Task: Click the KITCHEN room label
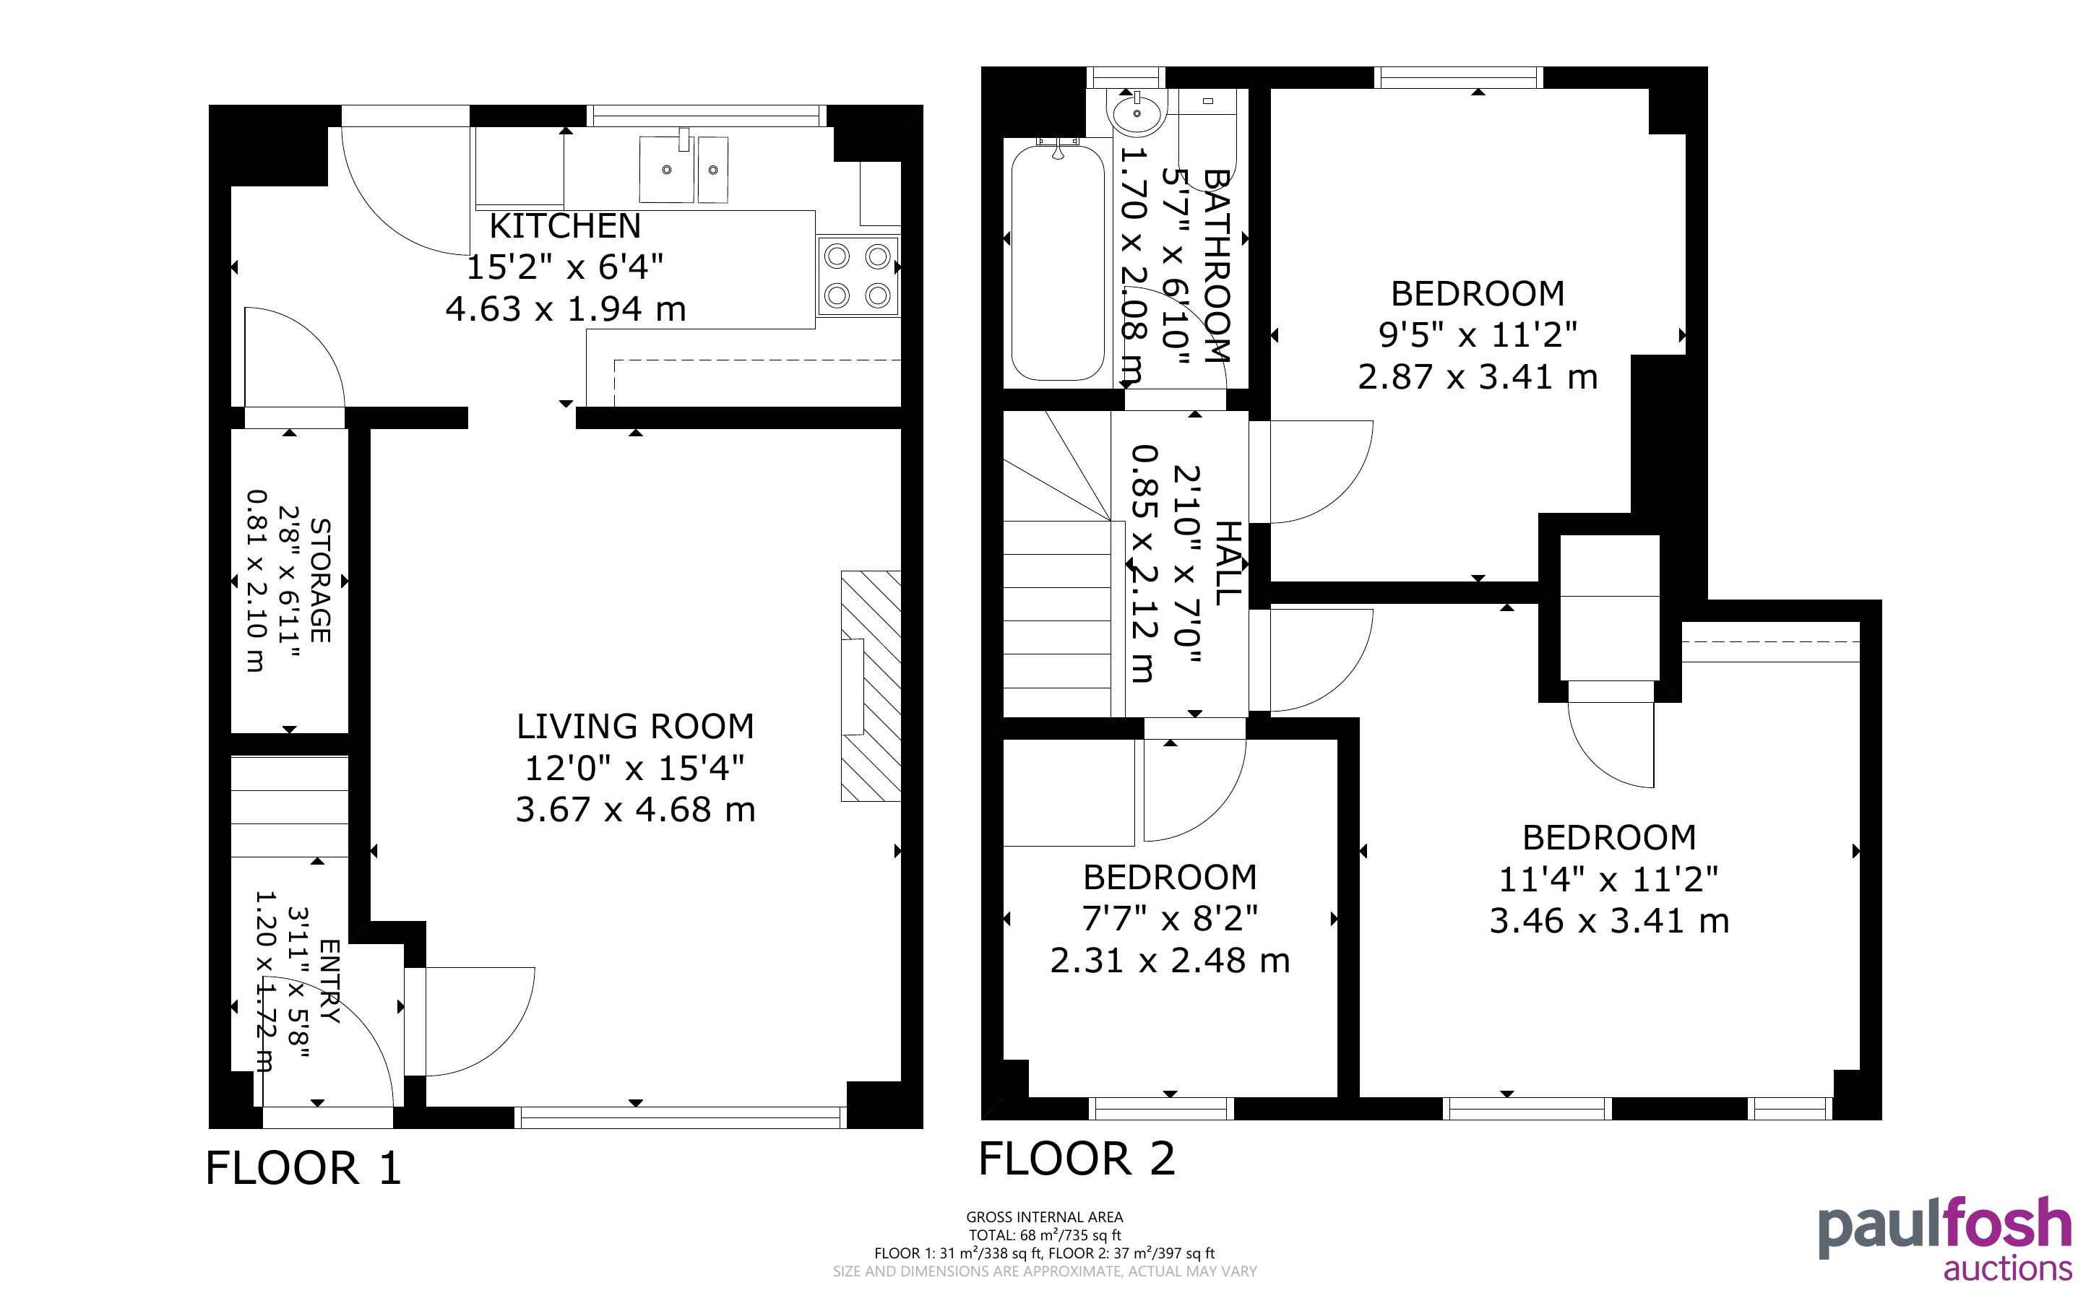click(x=565, y=226)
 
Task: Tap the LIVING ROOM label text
click(x=635, y=727)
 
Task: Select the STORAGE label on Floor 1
click(x=319, y=581)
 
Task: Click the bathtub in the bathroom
click(x=1057, y=263)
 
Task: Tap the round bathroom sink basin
click(x=1139, y=111)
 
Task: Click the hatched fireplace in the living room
click(x=871, y=686)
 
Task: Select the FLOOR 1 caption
click(x=304, y=1169)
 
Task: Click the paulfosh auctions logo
click(x=1944, y=1238)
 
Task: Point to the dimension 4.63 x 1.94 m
click(x=566, y=308)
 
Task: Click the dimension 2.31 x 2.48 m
click(x=1170, y=961)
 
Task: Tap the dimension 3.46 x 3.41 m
click(x=1609, y=921)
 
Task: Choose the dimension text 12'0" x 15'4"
click(x=635, y=767)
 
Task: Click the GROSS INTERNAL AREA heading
click(x=1044, y=1217)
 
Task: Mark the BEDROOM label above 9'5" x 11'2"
click(x=1477, y=295)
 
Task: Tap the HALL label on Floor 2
click(x=1228, y=562)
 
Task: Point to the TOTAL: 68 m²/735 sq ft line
click(x=1044, y=1235)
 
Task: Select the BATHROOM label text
click(x=1215, y=265)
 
